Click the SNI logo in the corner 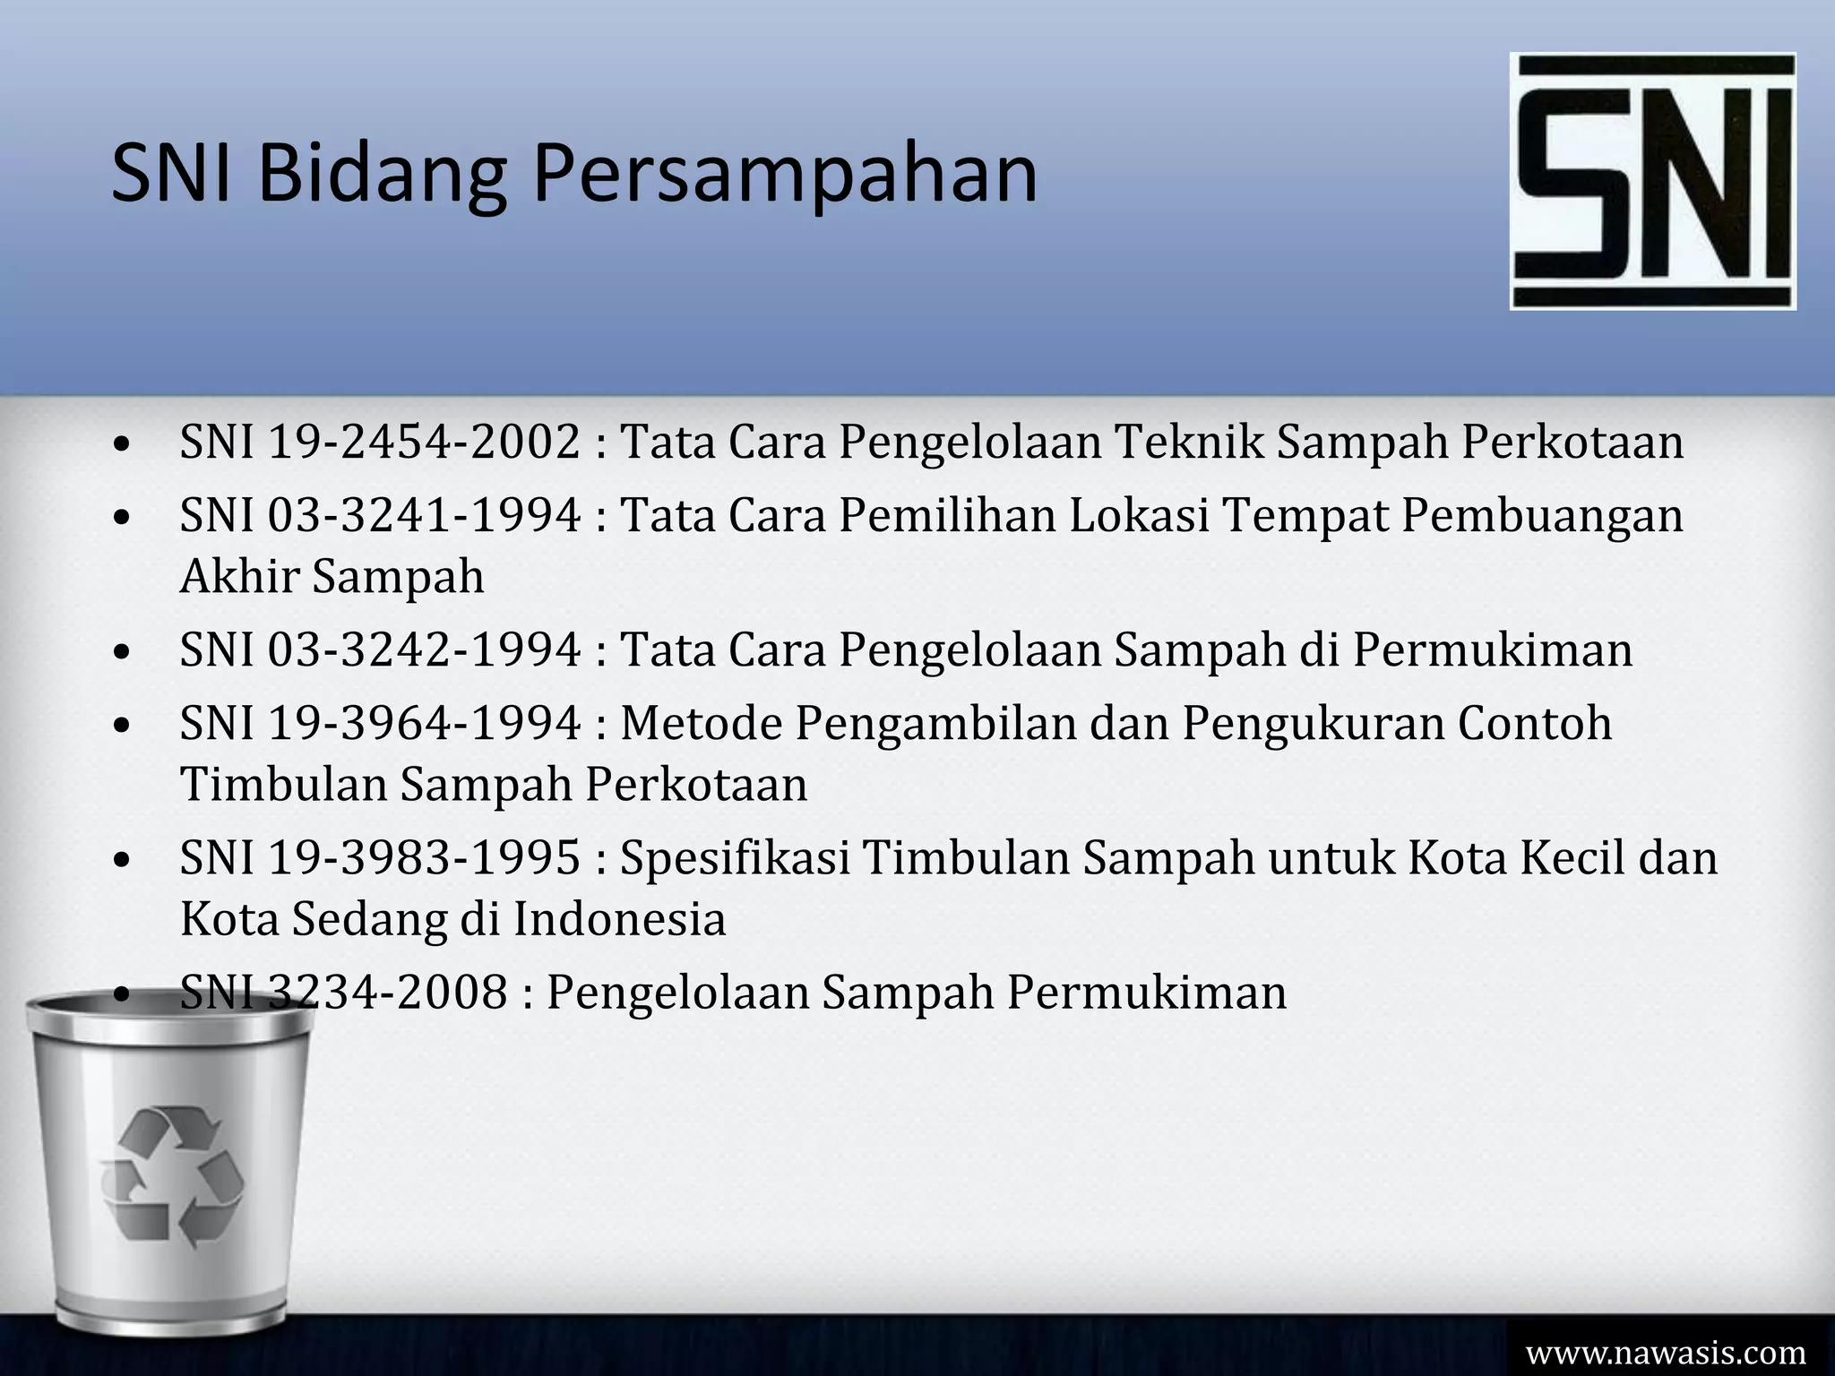tap(1652, 181)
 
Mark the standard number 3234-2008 tap(388, 992)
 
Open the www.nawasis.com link tap(1666, 1351)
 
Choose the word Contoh tap(1534, 723)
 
